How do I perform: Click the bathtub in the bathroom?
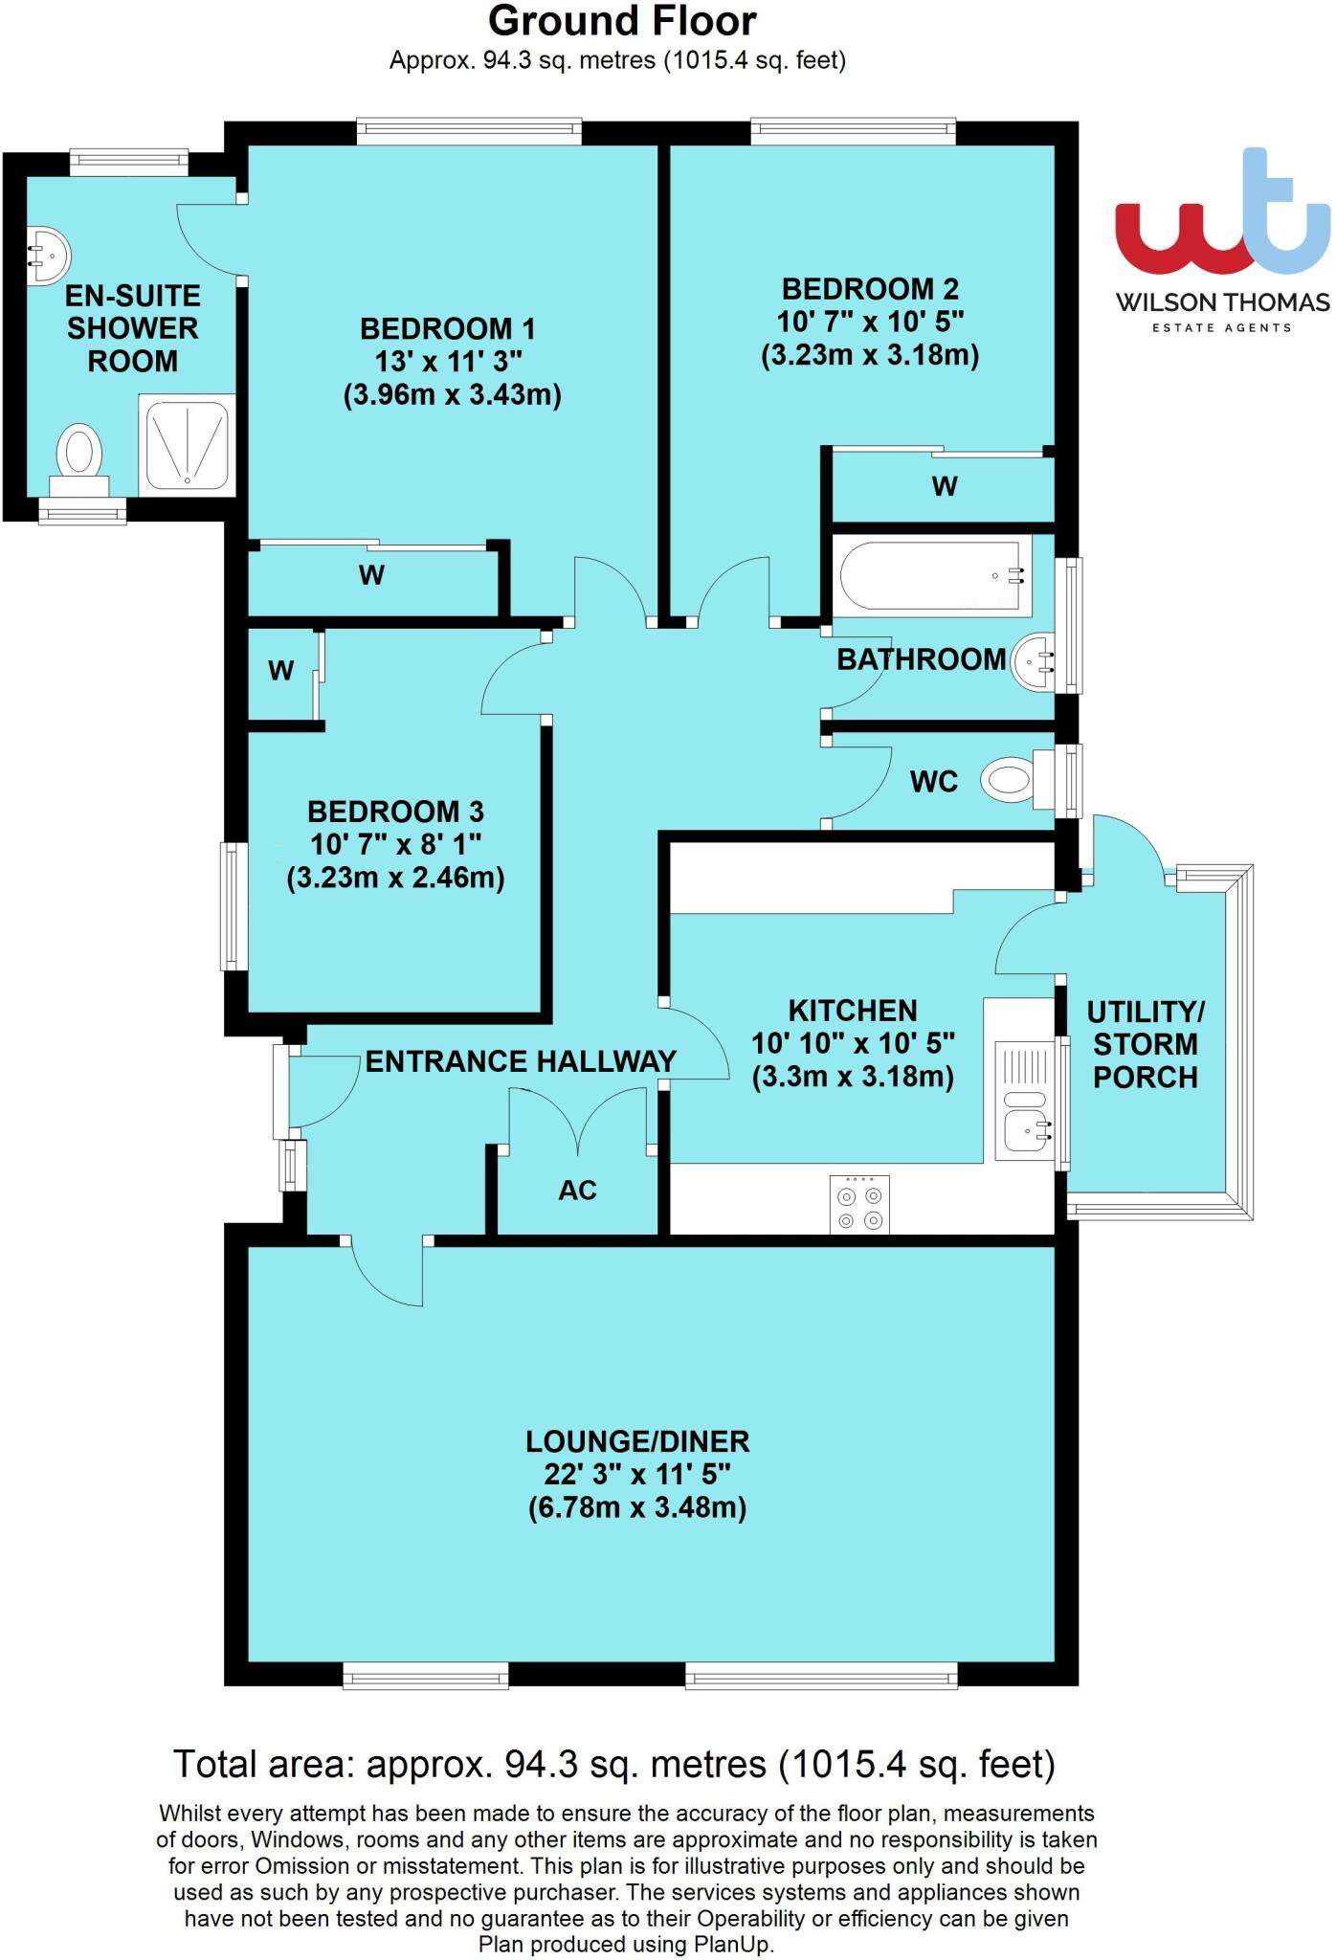930,575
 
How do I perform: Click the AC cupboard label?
577,1190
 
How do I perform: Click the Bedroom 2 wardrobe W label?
944,487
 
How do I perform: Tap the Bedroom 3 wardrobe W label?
280,671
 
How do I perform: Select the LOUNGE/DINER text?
637,1441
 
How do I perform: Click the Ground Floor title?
622,21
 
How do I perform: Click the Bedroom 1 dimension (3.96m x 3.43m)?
452,394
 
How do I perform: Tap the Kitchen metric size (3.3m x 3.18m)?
853,1077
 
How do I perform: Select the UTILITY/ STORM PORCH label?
1145,1044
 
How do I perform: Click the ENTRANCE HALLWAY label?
521,1061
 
